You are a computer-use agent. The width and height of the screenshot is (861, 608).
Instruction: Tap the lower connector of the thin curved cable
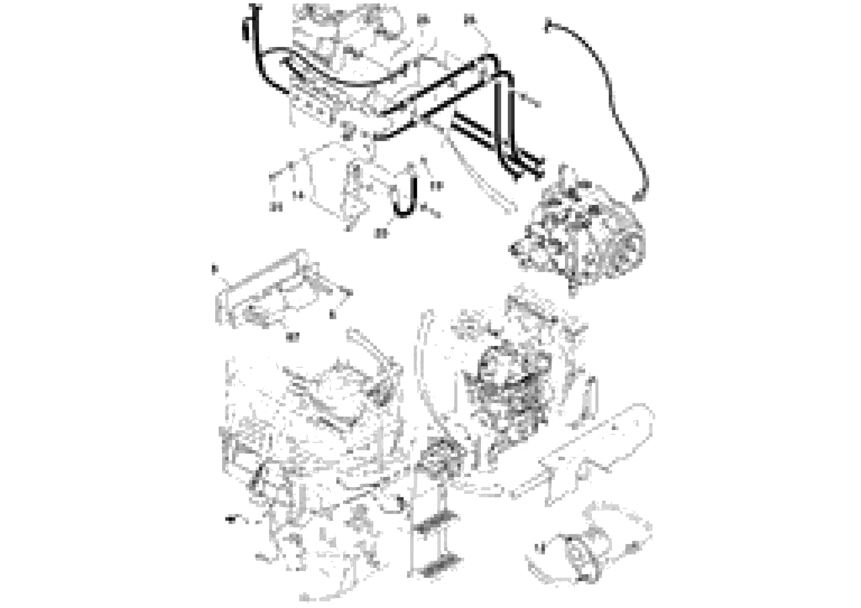click(x=639, y=195)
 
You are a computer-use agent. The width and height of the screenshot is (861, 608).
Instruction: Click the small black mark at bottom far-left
click(x=230, y=519)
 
